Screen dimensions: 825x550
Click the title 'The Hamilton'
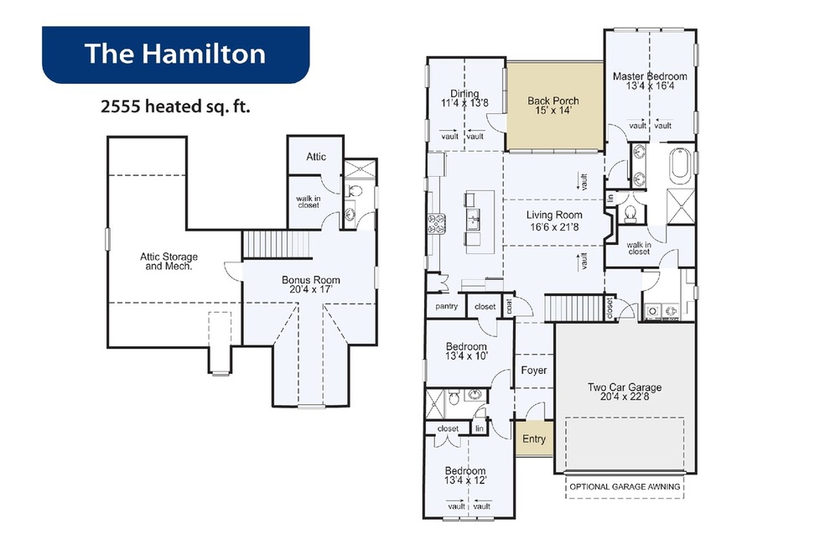tap(175, 54)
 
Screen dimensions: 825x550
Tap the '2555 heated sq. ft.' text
tap(175, 106)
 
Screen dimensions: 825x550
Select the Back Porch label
tap(553, 106)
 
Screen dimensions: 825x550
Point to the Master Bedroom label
tap(650, 80)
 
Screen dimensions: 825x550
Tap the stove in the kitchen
tap(437, 224)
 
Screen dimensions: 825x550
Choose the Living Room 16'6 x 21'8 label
tap(554, 221)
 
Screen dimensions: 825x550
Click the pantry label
tap(446, 306)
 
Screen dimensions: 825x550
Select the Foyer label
tap(533, 371)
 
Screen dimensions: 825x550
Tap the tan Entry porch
tap(534, 439)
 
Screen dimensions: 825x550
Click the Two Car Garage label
tap(625, 392)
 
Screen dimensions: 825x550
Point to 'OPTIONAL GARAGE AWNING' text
tap(625, 487)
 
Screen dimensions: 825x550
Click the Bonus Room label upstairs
tap(310, 285)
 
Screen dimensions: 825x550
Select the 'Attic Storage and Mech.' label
tap(169, 262)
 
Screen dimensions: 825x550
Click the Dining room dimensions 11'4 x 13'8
tap(464, 103)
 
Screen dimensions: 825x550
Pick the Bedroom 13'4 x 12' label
tap(465, 475)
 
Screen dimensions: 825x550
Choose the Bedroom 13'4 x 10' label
tap(466, 351)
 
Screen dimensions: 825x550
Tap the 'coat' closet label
tap(509, 306)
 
